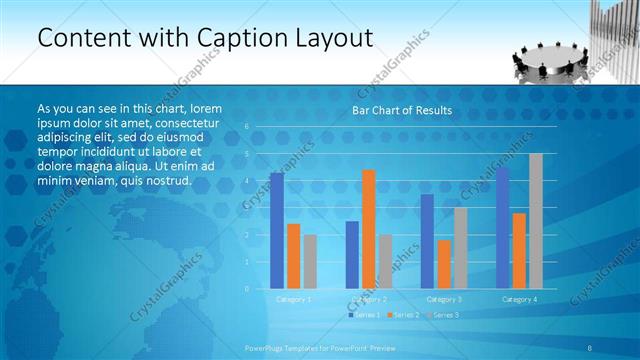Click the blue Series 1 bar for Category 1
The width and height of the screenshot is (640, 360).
(277, 231)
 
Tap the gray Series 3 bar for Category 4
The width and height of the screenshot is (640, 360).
(536, 221)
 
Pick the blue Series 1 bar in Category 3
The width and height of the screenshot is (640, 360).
(427, 241)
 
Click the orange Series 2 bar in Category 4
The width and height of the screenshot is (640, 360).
(519, 251)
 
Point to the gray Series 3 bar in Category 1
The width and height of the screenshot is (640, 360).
(310, 262)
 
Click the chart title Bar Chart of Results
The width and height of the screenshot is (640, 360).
(401, 110)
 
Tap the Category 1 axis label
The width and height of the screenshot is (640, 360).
(294, 299)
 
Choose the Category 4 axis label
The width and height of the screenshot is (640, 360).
(519, 299)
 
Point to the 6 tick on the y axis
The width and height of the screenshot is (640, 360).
(246, 127)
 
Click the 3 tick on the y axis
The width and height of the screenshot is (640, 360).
(246, 208)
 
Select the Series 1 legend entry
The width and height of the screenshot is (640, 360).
(364, 315)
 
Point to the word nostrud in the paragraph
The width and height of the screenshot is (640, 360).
(165, 180)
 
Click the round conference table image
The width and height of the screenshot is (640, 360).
(542, 56)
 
